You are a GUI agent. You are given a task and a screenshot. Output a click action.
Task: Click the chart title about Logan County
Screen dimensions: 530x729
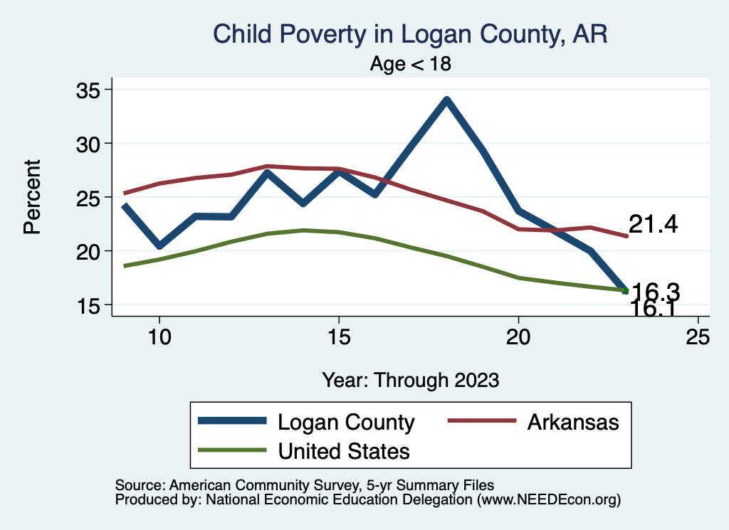point(411,34)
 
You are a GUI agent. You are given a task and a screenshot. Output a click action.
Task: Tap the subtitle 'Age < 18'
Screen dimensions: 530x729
point(411,64)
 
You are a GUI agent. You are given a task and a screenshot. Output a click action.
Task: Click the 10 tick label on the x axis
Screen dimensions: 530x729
point(159,337)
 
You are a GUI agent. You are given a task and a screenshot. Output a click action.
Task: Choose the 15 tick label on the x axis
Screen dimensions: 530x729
point(339,337)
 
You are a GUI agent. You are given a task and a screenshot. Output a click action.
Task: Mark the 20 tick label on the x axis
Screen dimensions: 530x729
point(518,337)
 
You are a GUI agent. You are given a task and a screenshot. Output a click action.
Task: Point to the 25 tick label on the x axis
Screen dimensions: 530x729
point(698,337)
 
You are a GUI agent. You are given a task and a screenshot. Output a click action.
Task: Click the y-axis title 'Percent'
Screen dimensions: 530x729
point(33,197)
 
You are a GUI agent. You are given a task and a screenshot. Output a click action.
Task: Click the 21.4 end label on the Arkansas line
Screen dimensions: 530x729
point(653,225)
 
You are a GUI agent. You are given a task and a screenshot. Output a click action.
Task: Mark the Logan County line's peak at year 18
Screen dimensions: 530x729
point(446,100)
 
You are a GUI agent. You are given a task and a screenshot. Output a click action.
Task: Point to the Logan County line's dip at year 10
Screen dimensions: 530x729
point(159,245)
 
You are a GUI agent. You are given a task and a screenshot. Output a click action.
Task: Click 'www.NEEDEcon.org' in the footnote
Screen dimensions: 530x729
point(548,500)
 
